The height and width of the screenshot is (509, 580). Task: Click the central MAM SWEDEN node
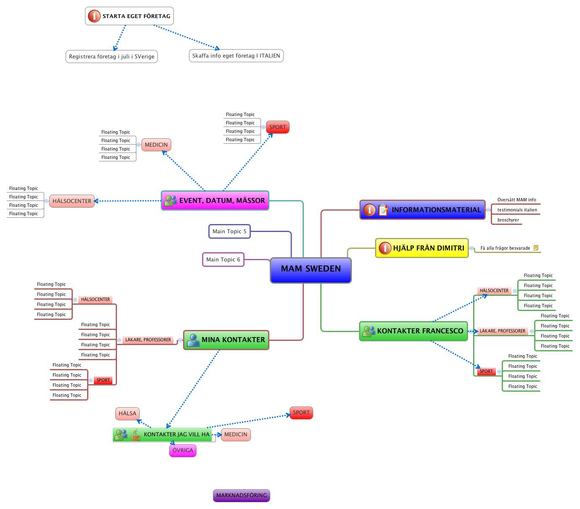click(311, 269)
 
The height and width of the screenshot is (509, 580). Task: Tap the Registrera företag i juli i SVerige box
click(112, 57)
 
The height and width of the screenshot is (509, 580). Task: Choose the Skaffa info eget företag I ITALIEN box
click(236, 56)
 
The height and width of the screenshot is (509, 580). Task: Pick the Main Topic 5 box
click(229, 232)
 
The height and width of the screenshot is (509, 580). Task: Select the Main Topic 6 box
click(223, 260)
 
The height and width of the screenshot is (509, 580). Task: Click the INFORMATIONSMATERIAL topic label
click(436, 210)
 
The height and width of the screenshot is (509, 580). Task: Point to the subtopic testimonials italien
click(517, 210)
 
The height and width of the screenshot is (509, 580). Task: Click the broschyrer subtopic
click(508, 220)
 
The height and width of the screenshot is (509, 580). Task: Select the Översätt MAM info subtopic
click(516, 200)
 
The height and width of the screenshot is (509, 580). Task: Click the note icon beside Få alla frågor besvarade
click(536, 248)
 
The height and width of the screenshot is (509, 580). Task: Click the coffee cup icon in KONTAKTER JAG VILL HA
click(136, 435)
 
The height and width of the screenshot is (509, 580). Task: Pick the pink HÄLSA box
click(128, 414)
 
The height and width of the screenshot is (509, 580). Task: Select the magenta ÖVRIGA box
click(183, 451)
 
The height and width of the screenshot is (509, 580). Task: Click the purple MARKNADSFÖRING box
click(241, 496)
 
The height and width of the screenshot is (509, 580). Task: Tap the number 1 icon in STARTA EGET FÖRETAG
click(94, 16)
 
